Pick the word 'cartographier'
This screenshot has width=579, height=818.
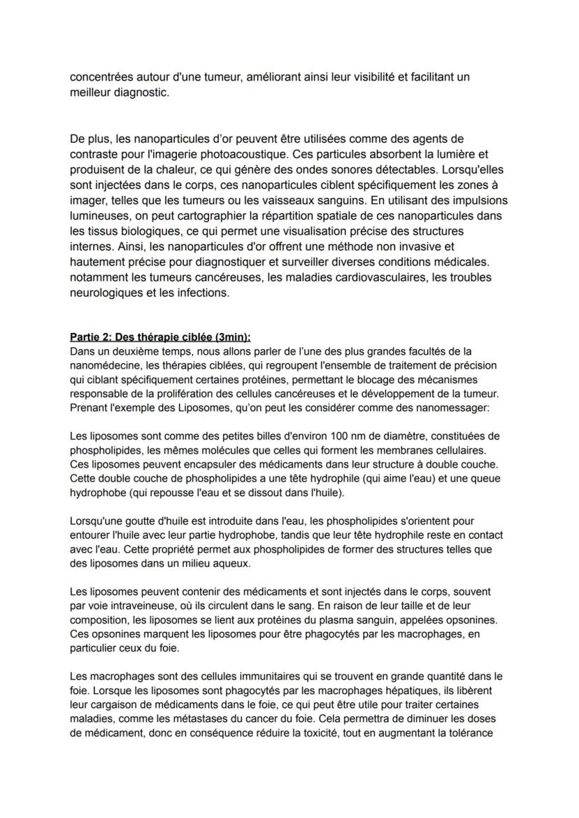point(172,216)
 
